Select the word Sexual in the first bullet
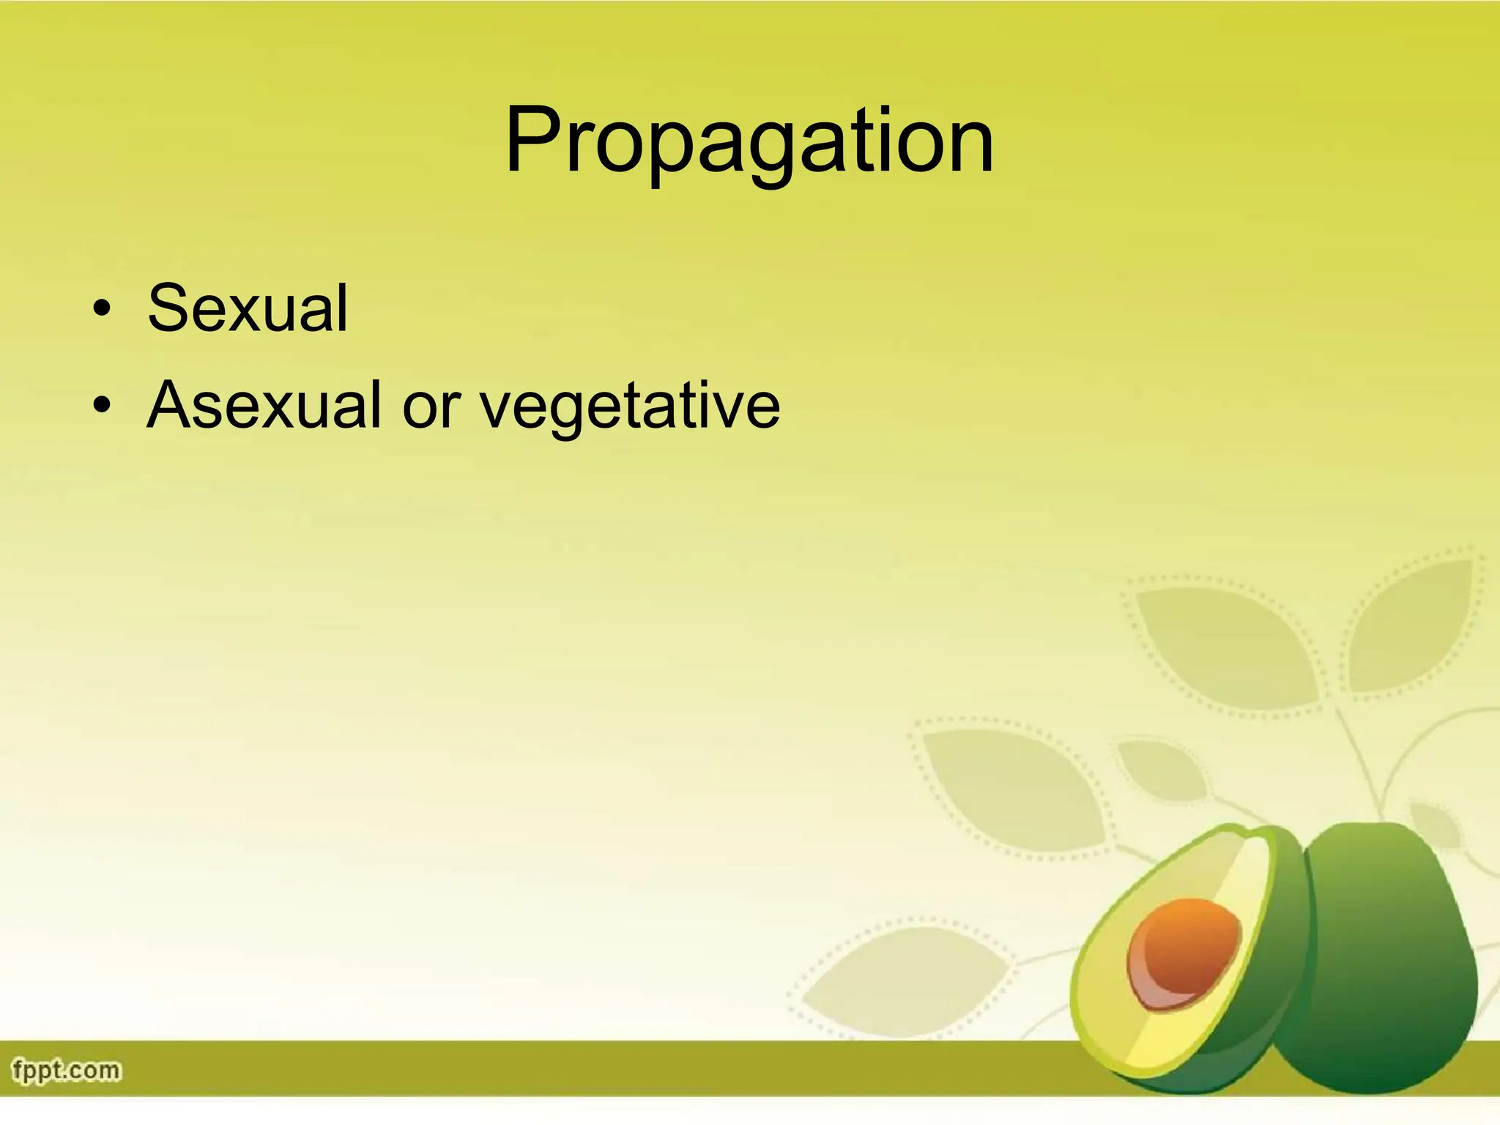coord(248,308)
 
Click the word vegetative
coord(630,406)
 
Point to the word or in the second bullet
coord(431,407)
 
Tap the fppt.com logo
coord(66,1070)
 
